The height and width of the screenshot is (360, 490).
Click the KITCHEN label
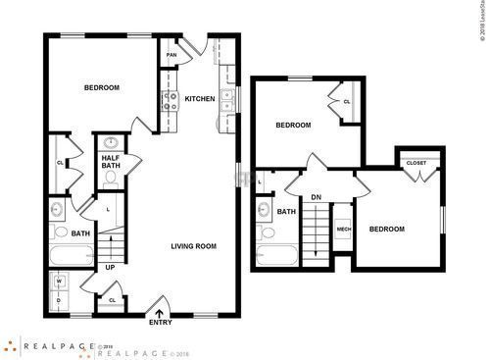(x=200, y=98)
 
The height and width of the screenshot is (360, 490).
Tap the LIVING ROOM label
(x=193, y=246)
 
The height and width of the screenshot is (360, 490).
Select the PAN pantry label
(x=171, y=56)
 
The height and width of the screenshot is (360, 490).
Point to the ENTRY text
(x=159, y=322)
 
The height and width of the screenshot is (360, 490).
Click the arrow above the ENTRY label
(x=159, y=311)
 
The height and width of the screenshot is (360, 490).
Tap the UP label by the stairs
(x=110, y=267)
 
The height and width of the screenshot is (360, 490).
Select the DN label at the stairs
(x=316, y=197)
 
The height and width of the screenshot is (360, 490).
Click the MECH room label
(x=344, y=229)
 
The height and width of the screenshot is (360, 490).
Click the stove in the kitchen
(x=167, y=99)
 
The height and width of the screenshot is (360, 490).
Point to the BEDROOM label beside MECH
(x=386, y=230)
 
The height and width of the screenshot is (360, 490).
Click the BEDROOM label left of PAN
(x=101, y=88)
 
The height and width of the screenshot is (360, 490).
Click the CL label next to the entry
(x=112, y=300)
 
